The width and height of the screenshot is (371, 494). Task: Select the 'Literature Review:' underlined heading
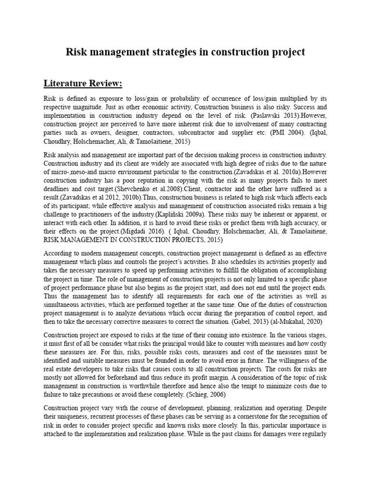pyautogui.click(x=83, y=84)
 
